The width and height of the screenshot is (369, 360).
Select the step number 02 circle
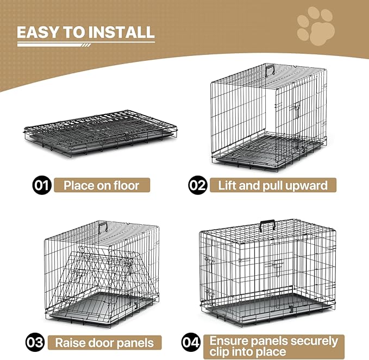click(197, 186)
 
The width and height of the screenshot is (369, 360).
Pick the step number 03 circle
click(35, 342)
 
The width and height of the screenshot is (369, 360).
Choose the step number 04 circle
click(190, 342)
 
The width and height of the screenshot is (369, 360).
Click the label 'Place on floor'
click(101, 186)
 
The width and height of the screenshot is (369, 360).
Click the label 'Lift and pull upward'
click(273, 186)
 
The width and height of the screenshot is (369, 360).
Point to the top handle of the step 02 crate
click(269, 68)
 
